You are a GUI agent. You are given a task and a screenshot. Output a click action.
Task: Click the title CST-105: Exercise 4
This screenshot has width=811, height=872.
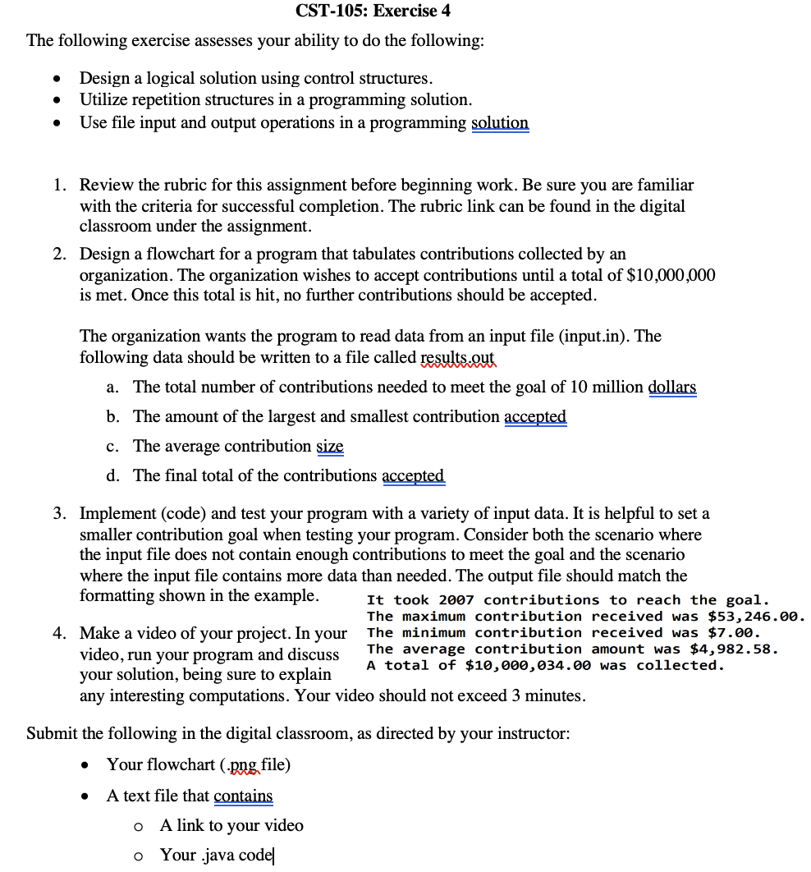[x=373, y=11]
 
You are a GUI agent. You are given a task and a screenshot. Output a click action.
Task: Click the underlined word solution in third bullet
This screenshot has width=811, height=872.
[x=500, y=122]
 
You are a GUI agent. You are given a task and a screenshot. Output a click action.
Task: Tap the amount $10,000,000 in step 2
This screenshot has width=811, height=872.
[x=671, y=275]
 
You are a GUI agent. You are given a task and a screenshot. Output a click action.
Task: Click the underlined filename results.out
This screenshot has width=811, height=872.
[x=458, y=358]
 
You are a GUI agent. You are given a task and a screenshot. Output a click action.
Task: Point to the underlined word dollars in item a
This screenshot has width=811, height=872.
[x=672, y=387]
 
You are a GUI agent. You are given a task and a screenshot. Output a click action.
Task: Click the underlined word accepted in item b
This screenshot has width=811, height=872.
[x=535, y=416]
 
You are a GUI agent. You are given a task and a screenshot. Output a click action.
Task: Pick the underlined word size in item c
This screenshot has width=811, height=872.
[x=330, y=446]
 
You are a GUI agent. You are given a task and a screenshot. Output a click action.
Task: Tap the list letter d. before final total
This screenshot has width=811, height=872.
[x=114, y=475]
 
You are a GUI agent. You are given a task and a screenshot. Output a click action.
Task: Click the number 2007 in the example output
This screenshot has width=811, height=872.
[x=456, y=600]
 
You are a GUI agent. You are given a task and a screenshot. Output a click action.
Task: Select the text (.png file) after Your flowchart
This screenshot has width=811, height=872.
[x=254, y=764]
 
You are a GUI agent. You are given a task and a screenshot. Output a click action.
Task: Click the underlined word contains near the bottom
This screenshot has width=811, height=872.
[x=243, y=796]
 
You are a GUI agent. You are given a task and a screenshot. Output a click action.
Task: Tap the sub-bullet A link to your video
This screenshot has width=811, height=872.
[x=231, y=825]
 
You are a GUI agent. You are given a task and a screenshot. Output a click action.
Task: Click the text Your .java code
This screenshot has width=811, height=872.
[x=215, y=855]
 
